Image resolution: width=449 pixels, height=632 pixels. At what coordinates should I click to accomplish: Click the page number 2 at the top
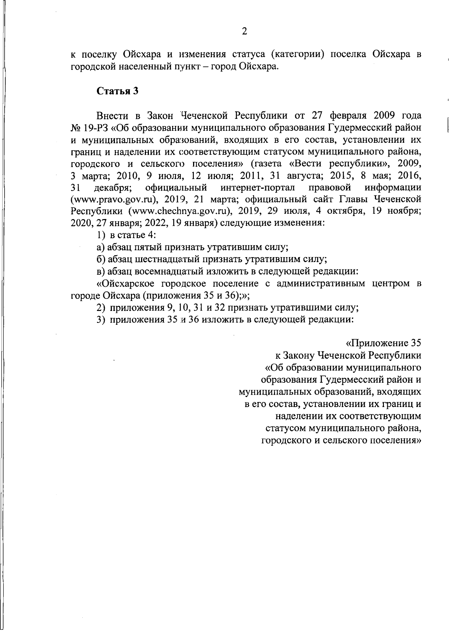[x=244, y=32]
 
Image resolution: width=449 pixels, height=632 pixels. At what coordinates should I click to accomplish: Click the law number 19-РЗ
[x=95, y=128]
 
